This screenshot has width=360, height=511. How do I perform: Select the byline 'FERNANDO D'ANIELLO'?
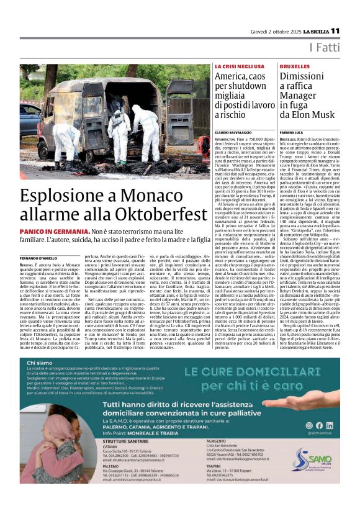pos(38,257)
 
